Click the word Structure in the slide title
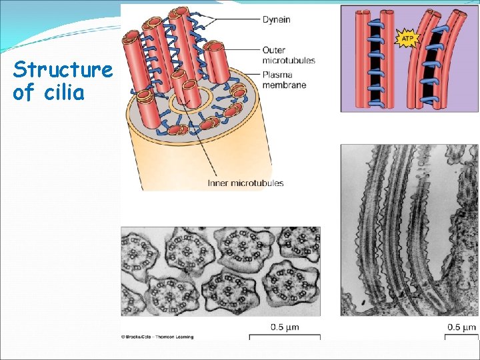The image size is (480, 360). (63, 69)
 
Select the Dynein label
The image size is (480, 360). (275, 19)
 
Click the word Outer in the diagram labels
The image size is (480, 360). (274, 50)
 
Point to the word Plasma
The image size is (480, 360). (276, 75)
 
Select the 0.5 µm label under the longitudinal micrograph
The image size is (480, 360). (461, 327)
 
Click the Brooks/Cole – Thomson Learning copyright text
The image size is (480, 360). (157, 337)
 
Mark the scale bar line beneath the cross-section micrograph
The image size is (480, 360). (285, 336)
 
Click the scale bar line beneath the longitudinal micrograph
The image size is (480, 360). (461, 335)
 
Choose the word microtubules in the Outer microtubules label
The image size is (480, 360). (289, 61)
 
